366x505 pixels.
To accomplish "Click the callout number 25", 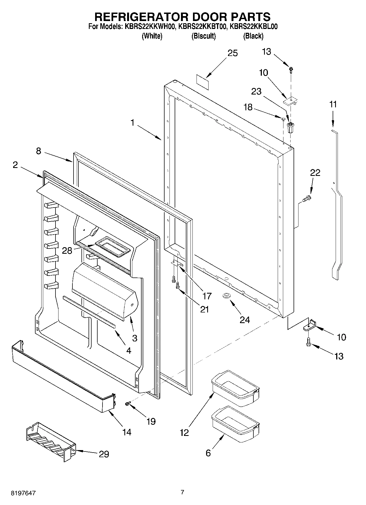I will point(233,53).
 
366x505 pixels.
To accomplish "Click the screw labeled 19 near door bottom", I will point(127,404).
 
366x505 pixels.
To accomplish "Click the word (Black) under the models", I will point(253,36).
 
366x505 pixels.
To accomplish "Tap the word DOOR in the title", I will point(209,17).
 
